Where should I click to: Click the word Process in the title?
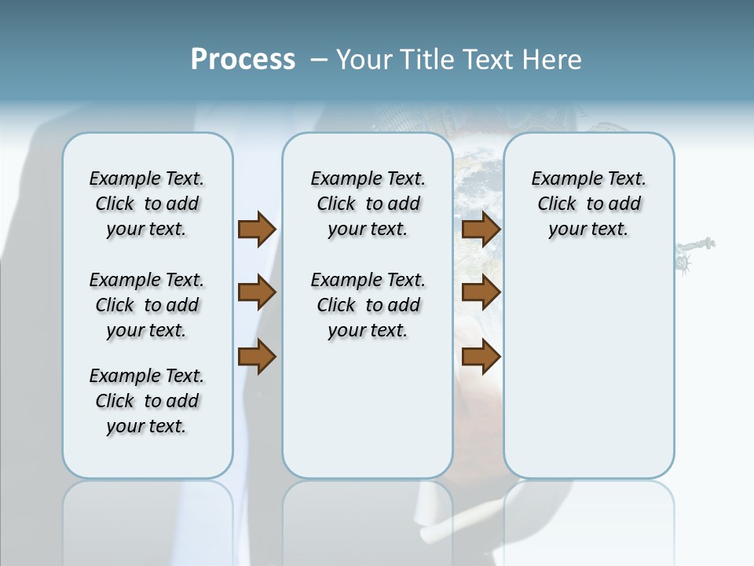(243, 60)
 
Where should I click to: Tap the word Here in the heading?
(552, 60)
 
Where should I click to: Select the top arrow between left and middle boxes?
(257, 229)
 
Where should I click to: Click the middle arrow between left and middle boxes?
(257, 293)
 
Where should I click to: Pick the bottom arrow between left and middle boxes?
(257, 357)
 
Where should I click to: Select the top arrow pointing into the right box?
(481, 229)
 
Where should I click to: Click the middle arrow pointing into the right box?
(481, 293)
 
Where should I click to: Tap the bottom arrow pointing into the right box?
(481, 357)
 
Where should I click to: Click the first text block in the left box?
(147, 204)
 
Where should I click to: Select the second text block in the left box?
(147, 305)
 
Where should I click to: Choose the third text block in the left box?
(147, 401)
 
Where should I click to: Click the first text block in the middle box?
(368, 204)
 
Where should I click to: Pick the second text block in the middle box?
(368, 305)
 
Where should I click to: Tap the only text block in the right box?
(588, 204)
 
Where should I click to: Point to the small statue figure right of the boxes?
(694, 254)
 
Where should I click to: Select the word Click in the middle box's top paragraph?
(336, 204)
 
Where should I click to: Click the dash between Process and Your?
(319, 60)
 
